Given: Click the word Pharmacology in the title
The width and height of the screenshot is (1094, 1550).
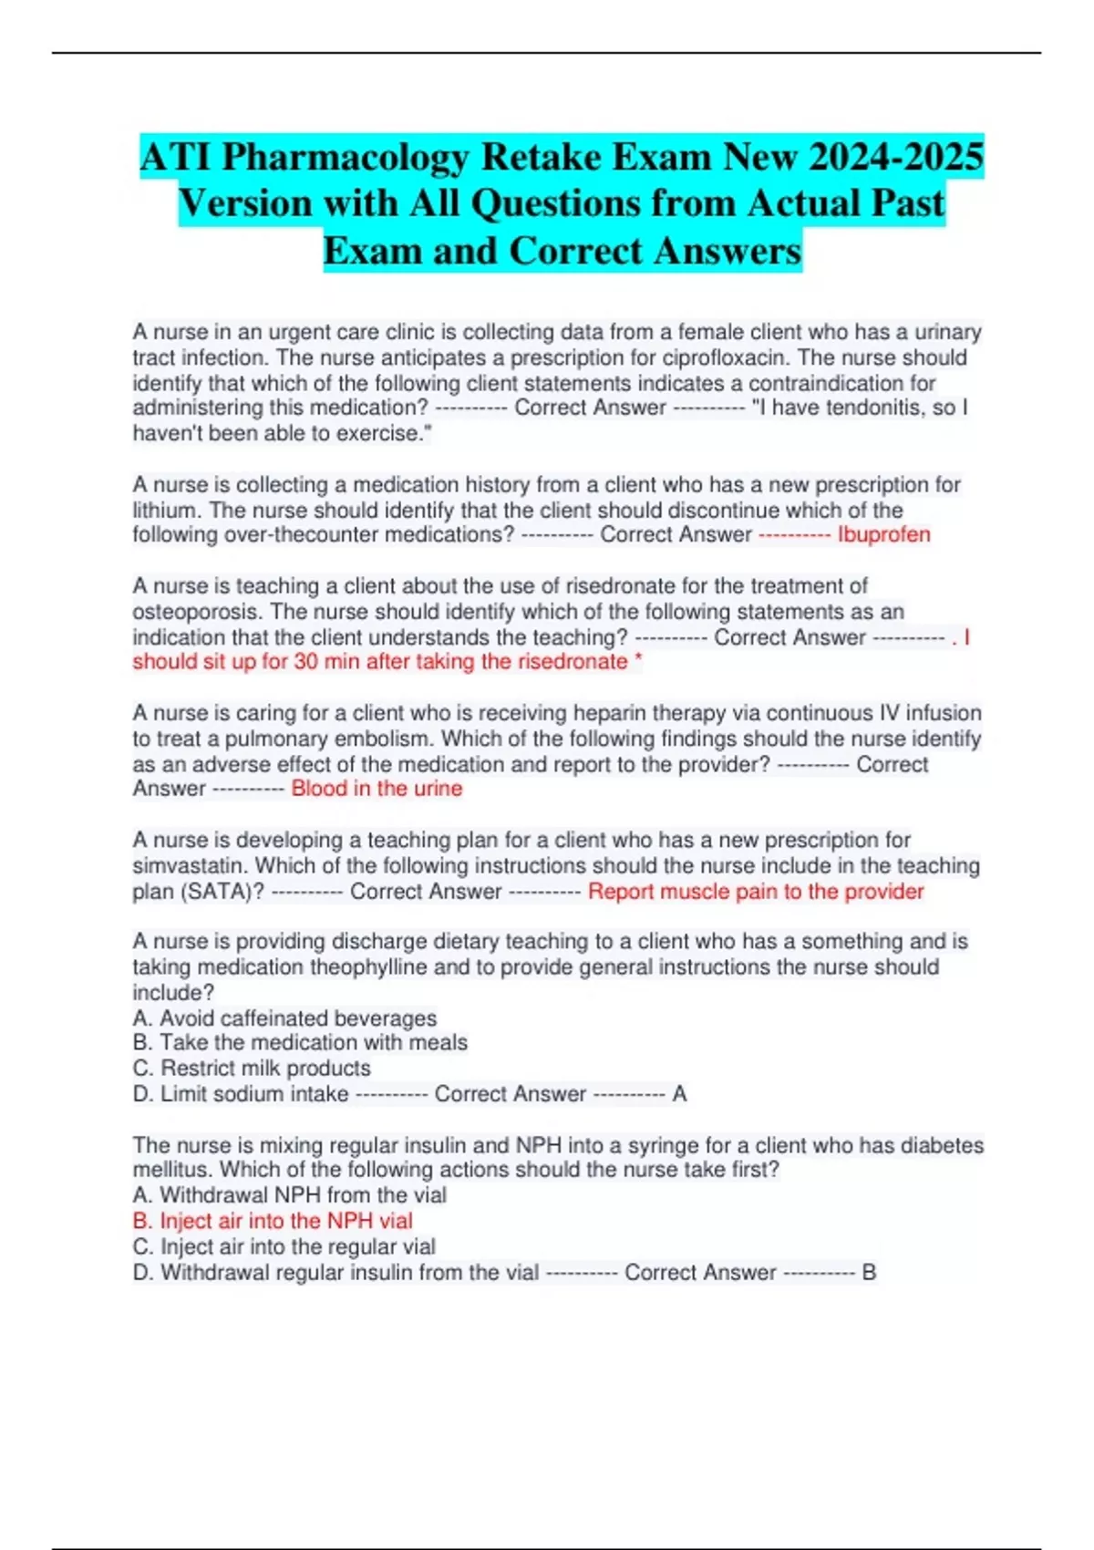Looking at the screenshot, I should [x=345, y=157].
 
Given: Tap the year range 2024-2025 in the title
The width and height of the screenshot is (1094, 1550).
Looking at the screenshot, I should [x=896, y=157].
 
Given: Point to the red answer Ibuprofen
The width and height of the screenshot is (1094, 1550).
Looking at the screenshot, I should [x=883, y=534].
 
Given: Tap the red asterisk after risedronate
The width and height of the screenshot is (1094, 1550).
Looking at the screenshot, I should [x=638, y=662].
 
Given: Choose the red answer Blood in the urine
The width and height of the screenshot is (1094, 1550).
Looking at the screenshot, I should [x=377, y=789].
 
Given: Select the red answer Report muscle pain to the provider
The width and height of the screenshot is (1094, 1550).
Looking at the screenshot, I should [x=756, y=891].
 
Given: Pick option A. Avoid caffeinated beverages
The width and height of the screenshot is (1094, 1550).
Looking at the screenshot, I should [x=284, y=1018].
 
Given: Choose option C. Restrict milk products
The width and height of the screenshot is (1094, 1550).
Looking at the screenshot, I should [x=252, y=1068].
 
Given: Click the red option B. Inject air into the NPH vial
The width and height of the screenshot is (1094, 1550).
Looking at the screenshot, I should [x=273, y=1221].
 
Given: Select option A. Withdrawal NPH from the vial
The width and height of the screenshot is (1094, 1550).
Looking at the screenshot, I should [x=289, y=1195].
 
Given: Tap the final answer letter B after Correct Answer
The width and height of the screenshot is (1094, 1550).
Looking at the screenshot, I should [x=869, y=1272].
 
